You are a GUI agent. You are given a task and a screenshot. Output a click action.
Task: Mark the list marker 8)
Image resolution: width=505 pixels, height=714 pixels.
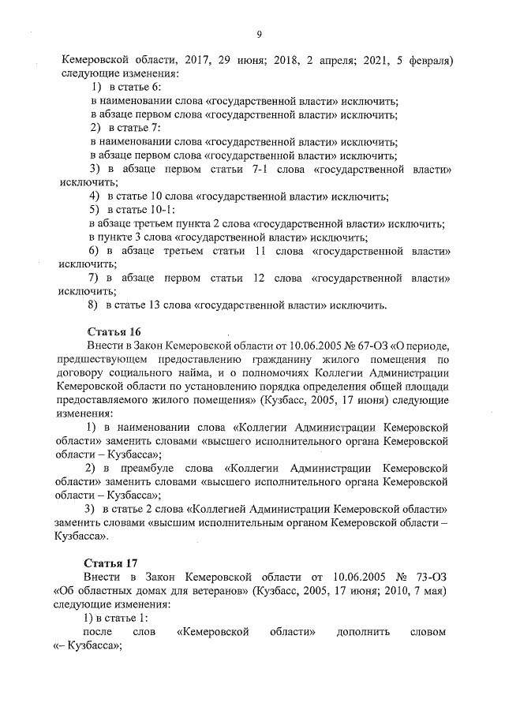click(x=95, y=305)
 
